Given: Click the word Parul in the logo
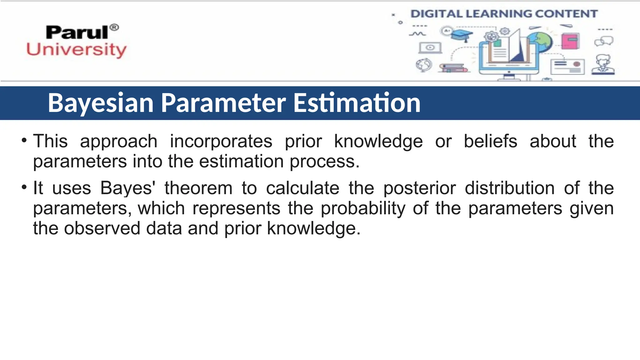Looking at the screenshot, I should click(x=77, y=32).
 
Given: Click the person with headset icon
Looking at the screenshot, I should click(x=603, y=65).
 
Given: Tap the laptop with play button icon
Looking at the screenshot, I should click(x=430, y=48).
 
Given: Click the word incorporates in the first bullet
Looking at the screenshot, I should click(x=221, y=141).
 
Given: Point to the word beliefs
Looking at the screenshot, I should click(x=490, y=141).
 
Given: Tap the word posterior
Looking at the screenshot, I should click(x=419, y=188).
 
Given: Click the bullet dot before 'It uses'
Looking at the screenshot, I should click(x=24, y=187).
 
